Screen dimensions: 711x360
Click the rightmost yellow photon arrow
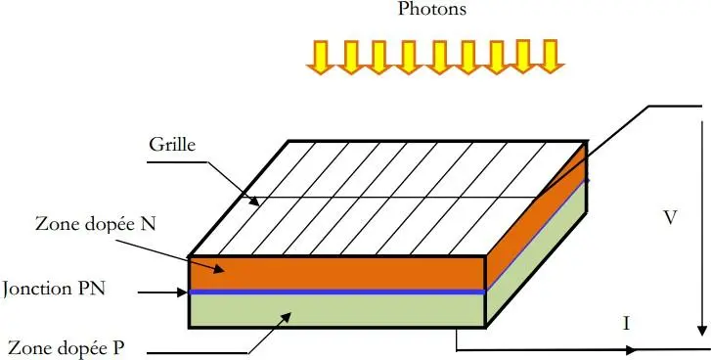point(553,57)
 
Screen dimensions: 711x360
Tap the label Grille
point(172,144)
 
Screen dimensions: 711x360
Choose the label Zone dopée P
point(66,347)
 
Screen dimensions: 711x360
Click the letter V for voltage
point(670,218)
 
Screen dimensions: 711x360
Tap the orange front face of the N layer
point(337,272)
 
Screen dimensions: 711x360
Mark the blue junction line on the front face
point(337,292)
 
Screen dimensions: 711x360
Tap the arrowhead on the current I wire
point(636,348)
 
